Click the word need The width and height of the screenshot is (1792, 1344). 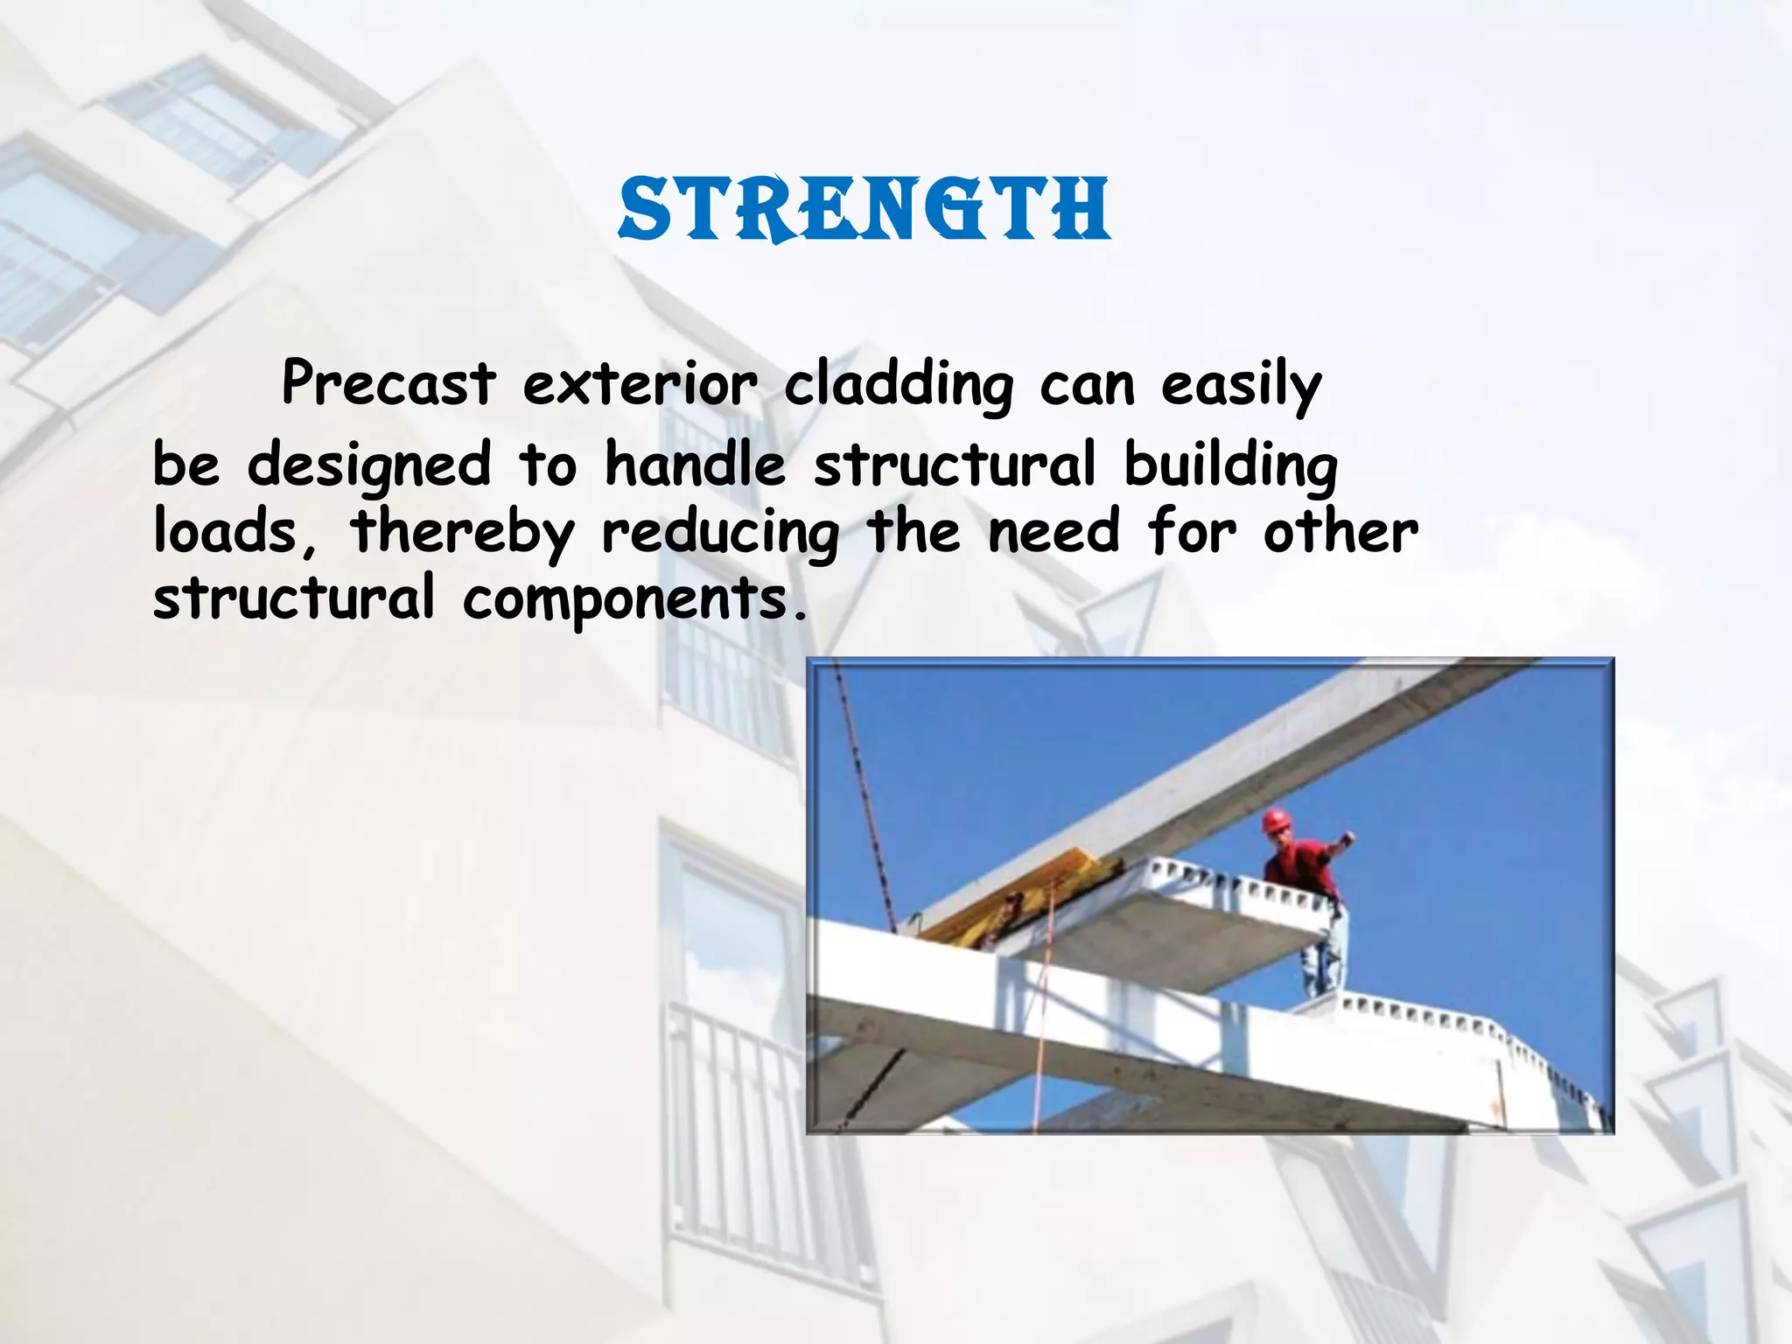click(x=1053, y=532)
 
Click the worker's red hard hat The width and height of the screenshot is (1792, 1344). click(x=1277, y=821)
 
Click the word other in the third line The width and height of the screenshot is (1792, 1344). click(x=1340, y=532)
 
